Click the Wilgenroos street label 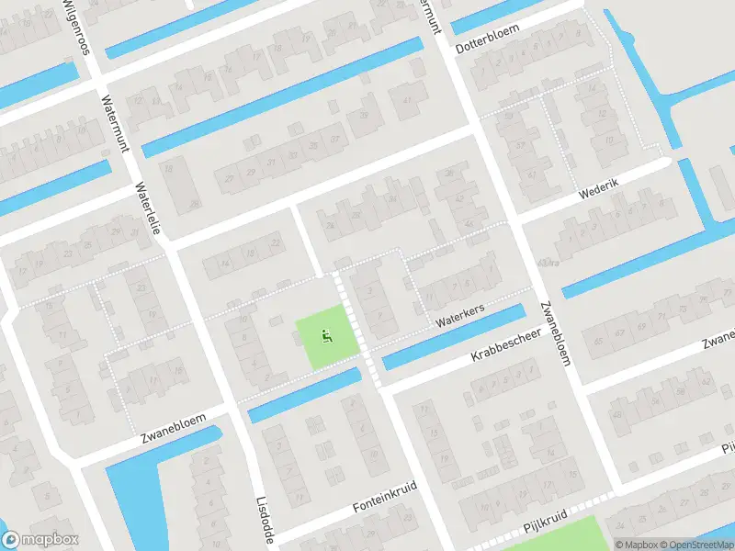pos(76,28)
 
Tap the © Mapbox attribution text pos(636,544)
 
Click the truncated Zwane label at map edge pos(716,343)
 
